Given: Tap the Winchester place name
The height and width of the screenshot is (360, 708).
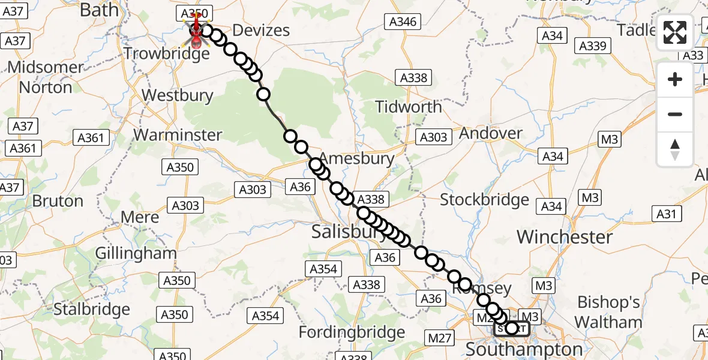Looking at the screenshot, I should pos(565,237).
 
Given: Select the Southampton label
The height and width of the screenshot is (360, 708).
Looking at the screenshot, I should pos(524,349).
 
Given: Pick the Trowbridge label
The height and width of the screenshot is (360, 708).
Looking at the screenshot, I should pos(167,53).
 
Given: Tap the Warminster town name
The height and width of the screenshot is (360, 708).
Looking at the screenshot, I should pos(178,135).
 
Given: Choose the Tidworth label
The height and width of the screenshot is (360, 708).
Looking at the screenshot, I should pos(408,107).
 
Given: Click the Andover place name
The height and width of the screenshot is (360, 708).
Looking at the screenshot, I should pos(491,133).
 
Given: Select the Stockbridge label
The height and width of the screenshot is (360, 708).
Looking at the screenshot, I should pos(485,200).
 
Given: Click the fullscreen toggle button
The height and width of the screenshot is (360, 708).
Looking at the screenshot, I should pos(675,33).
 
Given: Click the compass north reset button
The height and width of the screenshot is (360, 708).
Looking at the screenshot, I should pos(675,149).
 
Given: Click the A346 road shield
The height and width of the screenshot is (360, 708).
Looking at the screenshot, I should pos(403,22).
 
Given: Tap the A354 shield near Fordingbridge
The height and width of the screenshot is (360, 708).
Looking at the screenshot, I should pos(265,316).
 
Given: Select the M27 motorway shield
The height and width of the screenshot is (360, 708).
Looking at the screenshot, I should pos(440,339).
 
